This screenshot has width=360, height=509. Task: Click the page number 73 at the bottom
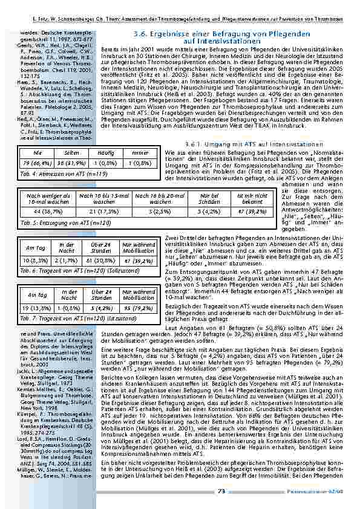[x=221, y=491]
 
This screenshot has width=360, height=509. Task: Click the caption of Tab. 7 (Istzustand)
[x=65, y=317]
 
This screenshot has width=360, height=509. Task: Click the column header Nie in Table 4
[x=38, y=154]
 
